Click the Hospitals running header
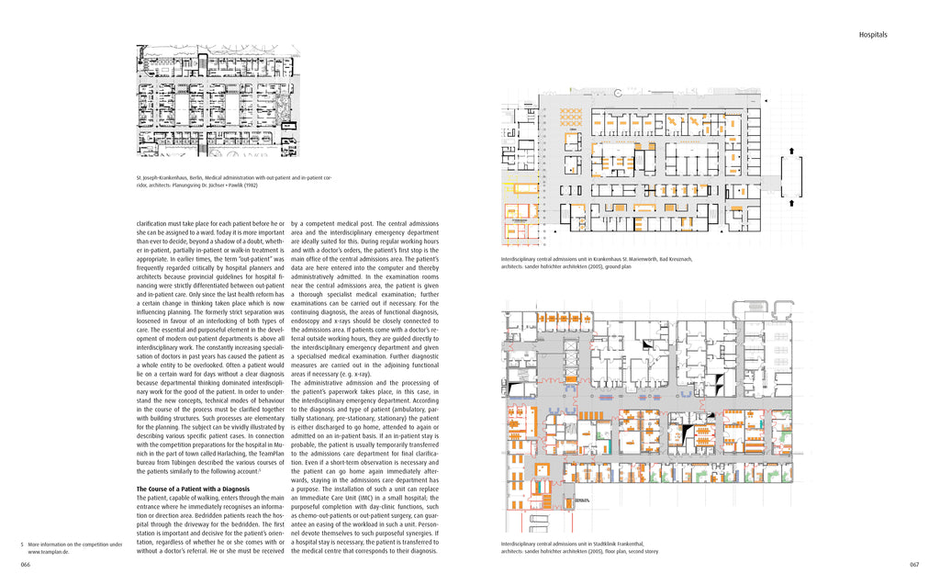click(x=872, y=35)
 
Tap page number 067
click(x=913, y=564)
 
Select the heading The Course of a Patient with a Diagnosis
click(x=193, y=489)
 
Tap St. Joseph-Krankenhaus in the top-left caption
click(x=162, y=176)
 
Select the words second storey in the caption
click(x=643, y=552)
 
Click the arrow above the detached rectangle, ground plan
click(x=790, y=149)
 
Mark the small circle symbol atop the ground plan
click(x=621, y=91)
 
